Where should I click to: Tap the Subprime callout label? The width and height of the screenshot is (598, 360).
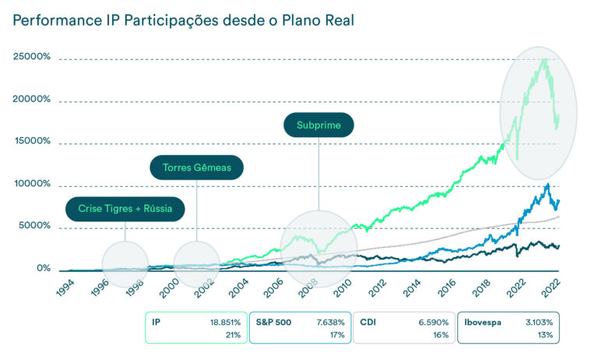pos(318,125)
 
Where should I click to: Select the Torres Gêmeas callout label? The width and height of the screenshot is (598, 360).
pos(196,168)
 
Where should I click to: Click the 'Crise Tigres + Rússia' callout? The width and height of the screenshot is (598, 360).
pos(125,209)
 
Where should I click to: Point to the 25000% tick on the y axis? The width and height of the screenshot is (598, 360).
pos(32,58)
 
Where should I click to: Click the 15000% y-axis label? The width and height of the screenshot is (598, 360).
pos(32,142)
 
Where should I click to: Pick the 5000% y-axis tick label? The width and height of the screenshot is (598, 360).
pos(34,226)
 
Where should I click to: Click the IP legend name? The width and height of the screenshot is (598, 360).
pos(157,321)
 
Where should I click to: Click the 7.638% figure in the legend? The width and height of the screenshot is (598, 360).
pos(330,321)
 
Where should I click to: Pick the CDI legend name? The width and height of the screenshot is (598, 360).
pos(368,321)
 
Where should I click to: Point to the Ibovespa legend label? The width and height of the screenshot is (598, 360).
pos(482,321)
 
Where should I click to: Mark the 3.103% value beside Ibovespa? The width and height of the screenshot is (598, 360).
pos(539,321)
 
